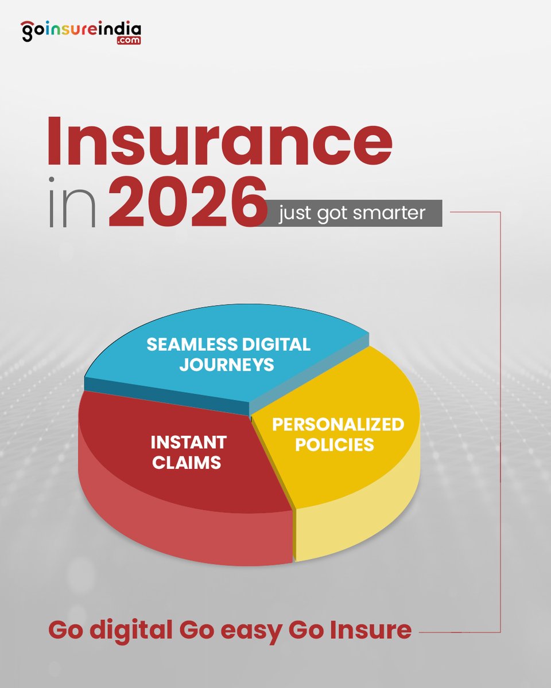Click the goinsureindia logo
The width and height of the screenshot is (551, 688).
pyautogui.click(x=81, y=31)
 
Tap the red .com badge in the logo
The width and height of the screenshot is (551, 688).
pyautogui.click(x=127, y=41)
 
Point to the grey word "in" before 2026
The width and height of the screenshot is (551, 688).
pyautogui.click(x=71, y=204)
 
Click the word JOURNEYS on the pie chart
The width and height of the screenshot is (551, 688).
pyautogui.click(x=227, y=365)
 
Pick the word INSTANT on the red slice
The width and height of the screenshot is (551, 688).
pyautogui.click(x=188, y=442)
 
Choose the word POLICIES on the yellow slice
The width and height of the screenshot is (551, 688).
pyautogui.click(x=334, y=444)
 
